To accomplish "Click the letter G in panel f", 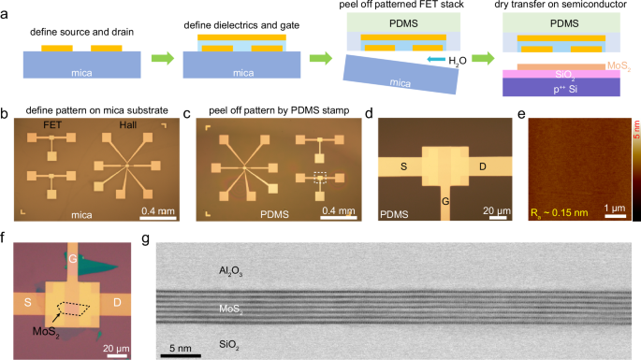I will tap(71, 255).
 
